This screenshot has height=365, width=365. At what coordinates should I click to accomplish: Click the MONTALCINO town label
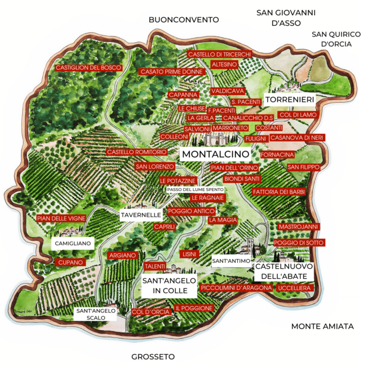pyautogui.click(x=215, y=155)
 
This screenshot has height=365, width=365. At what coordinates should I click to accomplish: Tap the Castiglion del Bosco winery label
pyautogui.click(x=88, y=68)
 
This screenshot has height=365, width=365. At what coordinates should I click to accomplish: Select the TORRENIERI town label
pyautogui.click(x=290, y=100)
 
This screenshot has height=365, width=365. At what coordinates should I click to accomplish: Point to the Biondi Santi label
pyautogui.click(x=226, y=179)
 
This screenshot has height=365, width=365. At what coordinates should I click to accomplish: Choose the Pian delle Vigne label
pyautogui.click(x=61, y=218)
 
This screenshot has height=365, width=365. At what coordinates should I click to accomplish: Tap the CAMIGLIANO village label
pyautogui.click(x=71, y=243)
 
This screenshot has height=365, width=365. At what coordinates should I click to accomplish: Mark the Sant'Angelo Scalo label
pyautogui.click(x=96, y=314)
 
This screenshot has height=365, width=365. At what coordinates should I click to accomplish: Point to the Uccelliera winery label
pyautogui.click(x=293, y=289)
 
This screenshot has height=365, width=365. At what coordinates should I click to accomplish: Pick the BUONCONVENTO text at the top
pyautogui.click(x=184, y=19)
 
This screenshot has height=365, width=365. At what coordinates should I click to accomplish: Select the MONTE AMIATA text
pyautogui.click(x=322, y=326)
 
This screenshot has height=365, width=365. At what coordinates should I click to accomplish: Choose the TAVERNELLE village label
pyautogui.click(x=141, y=215)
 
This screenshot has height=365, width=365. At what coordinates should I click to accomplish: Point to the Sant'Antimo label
pyautogui.click(x=231, y=261)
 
